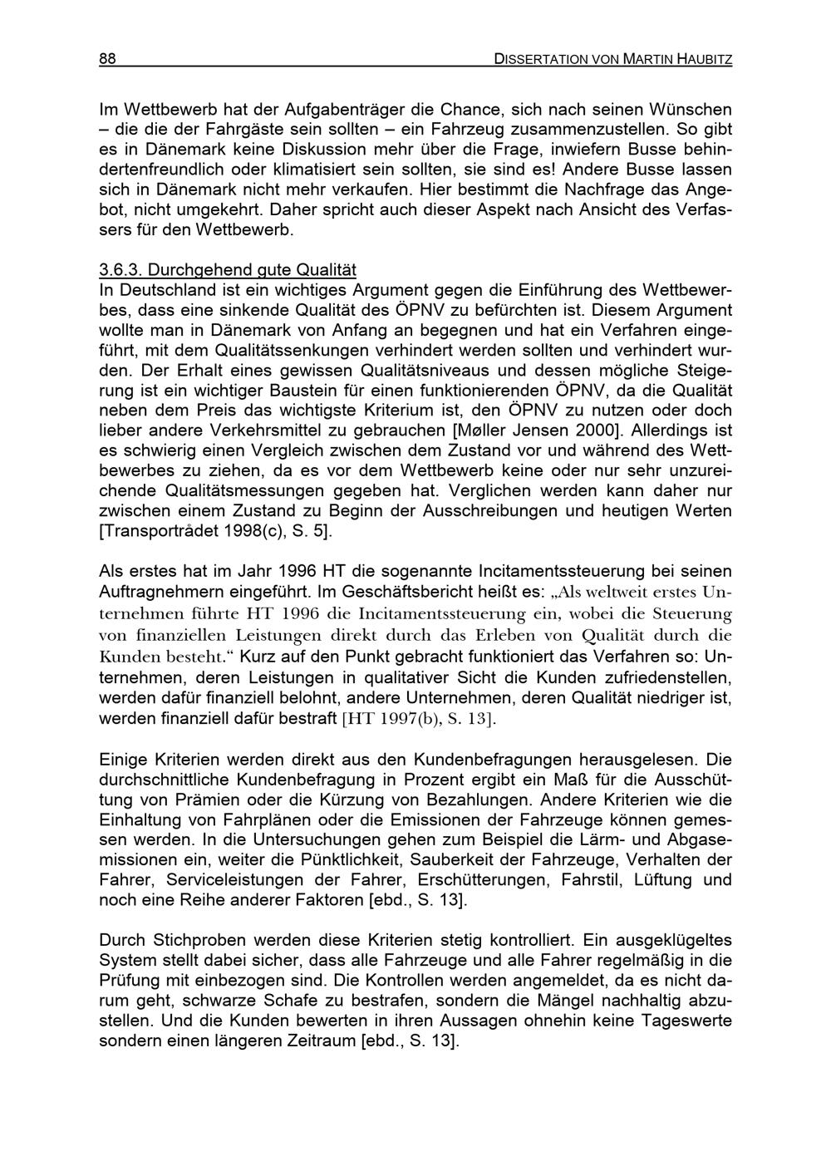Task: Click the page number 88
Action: (106, 58)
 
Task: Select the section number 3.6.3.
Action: (121, 270)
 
